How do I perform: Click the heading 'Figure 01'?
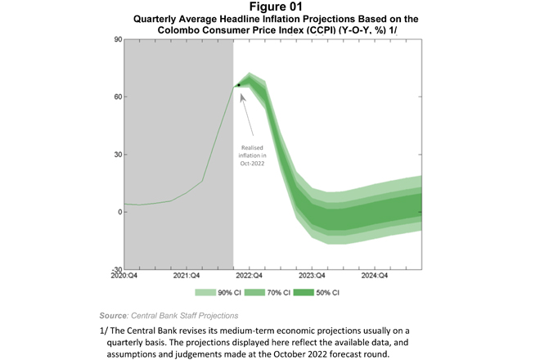tap(269, 7)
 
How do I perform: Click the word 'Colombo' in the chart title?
tap(182, 29)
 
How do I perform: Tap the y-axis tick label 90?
tap(117, 39)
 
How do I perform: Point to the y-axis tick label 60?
tap(117, 97)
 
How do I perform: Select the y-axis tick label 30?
tap(117, 155)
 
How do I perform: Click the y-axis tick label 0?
tap(119, 212)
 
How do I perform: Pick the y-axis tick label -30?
tap(116, 269)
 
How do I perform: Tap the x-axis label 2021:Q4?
tap(187, 277)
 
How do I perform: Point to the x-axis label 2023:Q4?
tap(313, 277)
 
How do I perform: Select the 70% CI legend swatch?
tap(259, 292)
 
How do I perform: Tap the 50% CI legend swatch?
tap(313, 292)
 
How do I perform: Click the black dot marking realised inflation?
tap(238, 85)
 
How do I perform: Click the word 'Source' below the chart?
tap(113, 315)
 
